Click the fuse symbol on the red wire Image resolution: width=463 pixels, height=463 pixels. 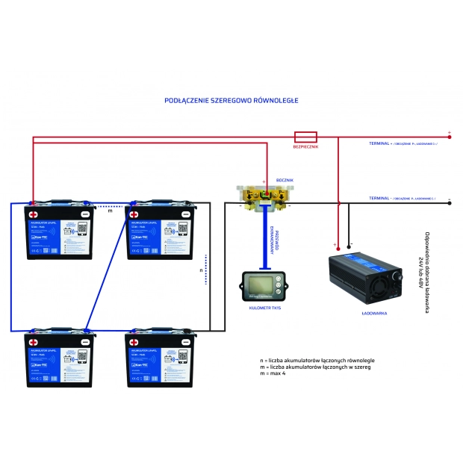click(x=306, y=137)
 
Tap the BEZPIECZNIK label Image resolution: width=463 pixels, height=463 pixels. click(x=306, y=147)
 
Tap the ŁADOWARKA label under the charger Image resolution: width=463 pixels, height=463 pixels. click(x=373, y=314)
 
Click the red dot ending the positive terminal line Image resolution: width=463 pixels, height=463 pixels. click(x=450, y=137)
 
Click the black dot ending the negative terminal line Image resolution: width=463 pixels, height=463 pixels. click(x=450, y=202)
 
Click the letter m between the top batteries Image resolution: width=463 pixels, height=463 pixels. click(x=110, y=211)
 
